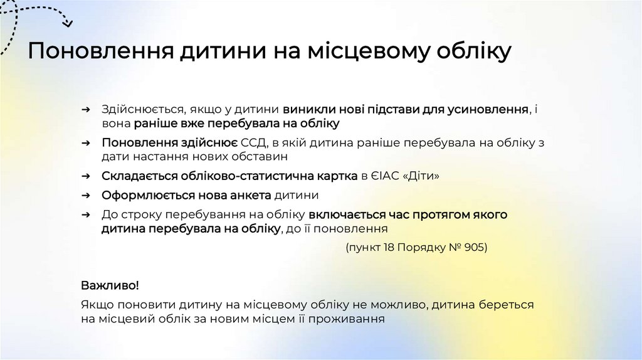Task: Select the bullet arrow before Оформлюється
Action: [x=88, y=195]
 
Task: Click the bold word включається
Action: [x=345, y=214]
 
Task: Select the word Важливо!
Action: [x=110, y=285]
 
